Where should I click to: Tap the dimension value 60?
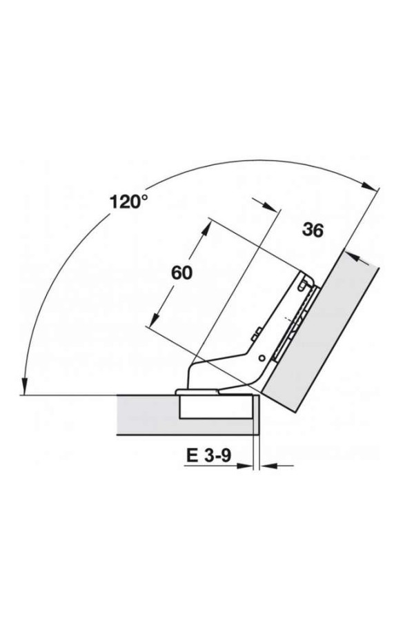(x=182, y=273)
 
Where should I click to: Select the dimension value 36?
(x=313, y=230)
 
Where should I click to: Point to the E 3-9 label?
(x=208, y=455)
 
